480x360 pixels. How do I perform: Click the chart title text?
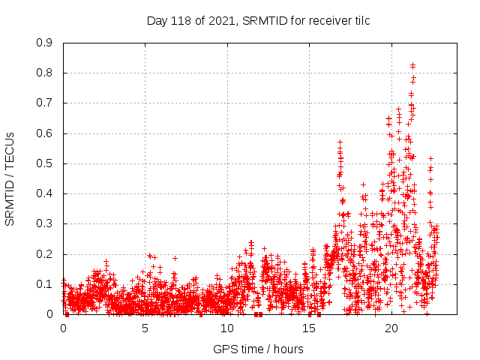258,20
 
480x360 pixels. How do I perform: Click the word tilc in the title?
359,20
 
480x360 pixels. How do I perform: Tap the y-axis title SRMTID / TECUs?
10,178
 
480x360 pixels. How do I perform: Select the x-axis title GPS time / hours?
258,349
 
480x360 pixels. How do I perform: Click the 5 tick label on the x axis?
145,328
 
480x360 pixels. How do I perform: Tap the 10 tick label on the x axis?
227,328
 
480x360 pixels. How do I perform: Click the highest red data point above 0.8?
412,65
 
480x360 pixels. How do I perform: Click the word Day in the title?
157,20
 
